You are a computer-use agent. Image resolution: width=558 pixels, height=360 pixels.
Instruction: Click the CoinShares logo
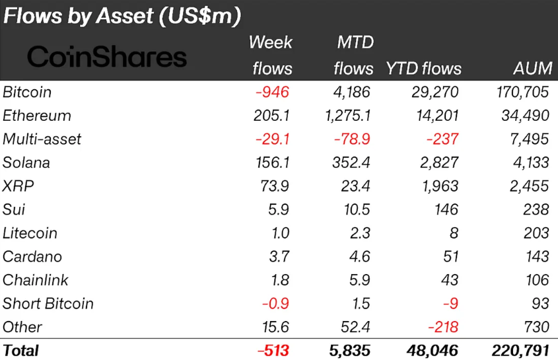click(107, 57)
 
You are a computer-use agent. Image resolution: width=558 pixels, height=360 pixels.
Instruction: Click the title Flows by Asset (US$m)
click(122, 16)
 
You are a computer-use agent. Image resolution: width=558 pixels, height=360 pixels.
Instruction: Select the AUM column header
click(532, 69)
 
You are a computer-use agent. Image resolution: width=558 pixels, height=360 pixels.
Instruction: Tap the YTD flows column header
click(423, 69)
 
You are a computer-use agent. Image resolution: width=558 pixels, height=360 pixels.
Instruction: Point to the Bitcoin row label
click(27, 92)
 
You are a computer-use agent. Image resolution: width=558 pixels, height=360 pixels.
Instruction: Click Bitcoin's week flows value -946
click(272, 92)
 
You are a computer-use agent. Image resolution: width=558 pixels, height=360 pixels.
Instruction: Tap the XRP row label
click(18, 186)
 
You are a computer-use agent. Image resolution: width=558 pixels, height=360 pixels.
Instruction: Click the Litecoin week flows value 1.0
click(279, 233)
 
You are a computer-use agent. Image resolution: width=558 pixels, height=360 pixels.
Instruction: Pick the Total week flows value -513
click(273, 350)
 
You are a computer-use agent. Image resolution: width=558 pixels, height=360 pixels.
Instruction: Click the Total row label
click(21, 350)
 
